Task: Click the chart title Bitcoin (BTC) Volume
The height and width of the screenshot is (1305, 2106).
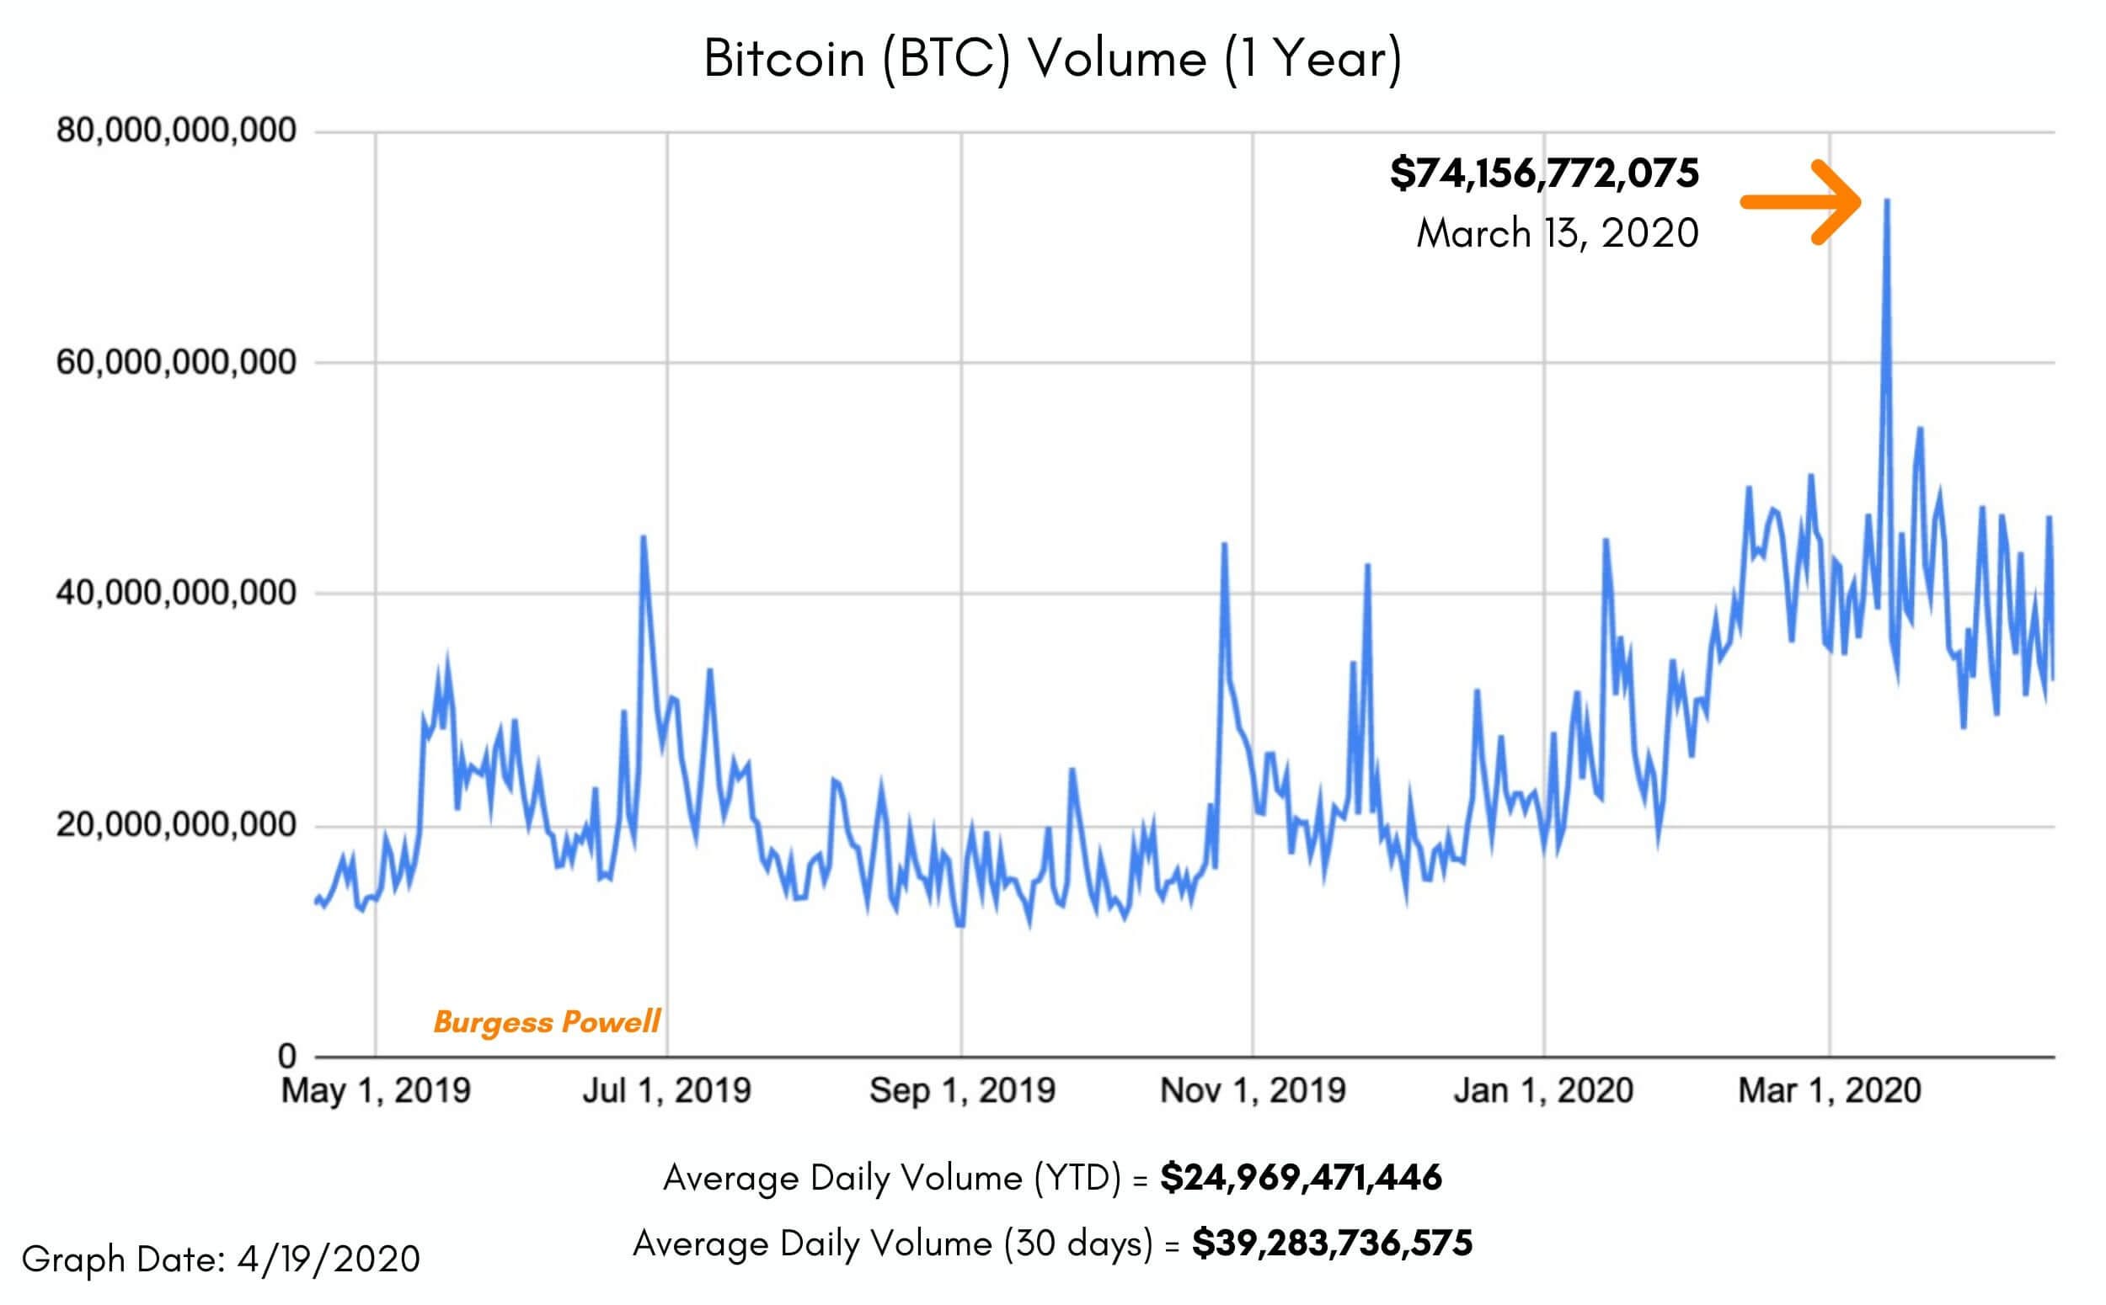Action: pos(1051,60)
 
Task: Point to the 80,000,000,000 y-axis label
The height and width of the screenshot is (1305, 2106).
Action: pos(176,131)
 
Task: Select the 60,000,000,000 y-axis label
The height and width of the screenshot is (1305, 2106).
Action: pos(176,363)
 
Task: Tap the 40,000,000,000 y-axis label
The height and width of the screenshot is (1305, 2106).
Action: pos(176,594)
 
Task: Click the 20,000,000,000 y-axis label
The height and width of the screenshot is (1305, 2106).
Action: pos(176,825)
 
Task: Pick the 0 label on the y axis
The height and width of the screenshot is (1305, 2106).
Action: pos(286,1056)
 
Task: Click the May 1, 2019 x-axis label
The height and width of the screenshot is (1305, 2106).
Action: pos(376,1091)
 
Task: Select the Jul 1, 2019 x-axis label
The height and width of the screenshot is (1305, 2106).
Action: pos(666,1091)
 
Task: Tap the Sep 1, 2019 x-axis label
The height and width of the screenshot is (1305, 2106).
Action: pos(962,1091)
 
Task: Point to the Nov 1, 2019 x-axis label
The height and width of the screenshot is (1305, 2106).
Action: pos(1253,1091)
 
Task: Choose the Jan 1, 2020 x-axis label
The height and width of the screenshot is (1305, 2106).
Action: pos(1543,1091)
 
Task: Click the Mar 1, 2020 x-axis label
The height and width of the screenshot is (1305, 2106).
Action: pos(1829,1091)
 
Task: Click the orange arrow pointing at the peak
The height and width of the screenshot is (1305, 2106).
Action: pos(1800,202)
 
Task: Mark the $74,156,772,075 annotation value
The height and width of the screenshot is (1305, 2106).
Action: pos(1544,173)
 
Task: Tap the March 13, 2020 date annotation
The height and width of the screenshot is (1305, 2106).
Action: pos(1557,234)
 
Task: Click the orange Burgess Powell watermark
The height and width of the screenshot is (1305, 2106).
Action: pos(547,1022)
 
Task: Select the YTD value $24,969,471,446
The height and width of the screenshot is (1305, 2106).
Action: pos(1301,1178)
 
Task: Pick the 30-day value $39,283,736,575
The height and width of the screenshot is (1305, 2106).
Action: pos(1332,1244)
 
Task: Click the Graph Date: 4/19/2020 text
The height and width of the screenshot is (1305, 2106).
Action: pos(221,1260)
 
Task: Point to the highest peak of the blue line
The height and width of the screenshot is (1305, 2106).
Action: pos(1887,201)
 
